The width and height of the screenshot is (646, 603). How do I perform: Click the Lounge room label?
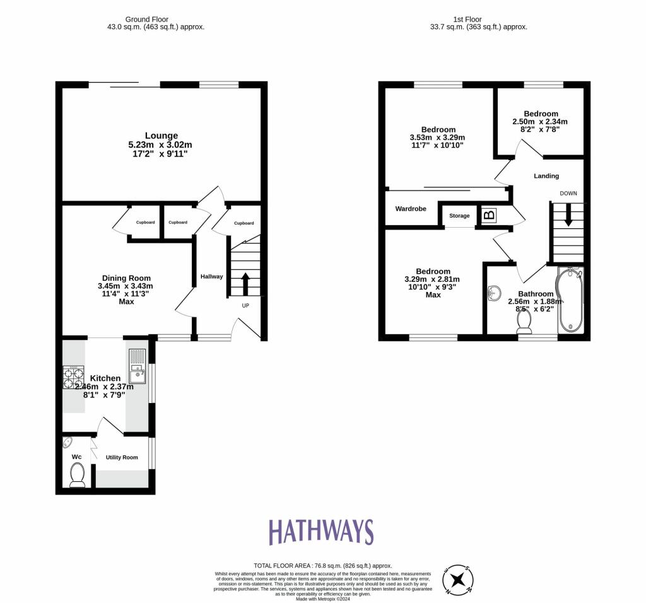click(x=161, y=136)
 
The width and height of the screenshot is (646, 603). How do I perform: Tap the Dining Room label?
click(x=127, y=278)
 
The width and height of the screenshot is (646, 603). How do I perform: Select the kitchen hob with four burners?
click(x=73, y=377)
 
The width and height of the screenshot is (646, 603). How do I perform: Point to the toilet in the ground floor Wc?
click(x=77, y=475)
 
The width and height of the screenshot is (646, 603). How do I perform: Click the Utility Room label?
click(x=122, y=457)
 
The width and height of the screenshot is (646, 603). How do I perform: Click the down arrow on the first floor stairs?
click(x=568, y=215)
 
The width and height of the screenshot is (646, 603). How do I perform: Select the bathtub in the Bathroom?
click(x=571, y=300)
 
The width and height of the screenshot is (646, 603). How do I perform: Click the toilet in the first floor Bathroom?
click(x=524, y=321)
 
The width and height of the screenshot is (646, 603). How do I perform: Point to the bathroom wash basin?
click(x=495, y=293)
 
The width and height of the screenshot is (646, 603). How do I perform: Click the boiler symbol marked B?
click(x=489, y=215)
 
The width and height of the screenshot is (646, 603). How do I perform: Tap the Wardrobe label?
click(x=411, y=209)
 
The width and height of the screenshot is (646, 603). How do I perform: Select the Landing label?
click(x=546, y=176)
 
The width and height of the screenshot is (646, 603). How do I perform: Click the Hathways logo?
click(x=321, y=532)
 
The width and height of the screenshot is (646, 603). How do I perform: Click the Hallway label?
click(x=211, y=276)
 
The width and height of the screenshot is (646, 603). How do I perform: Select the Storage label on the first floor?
click(x=459, y=216)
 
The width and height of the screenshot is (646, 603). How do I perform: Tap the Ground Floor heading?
click(x=155, y=20)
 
